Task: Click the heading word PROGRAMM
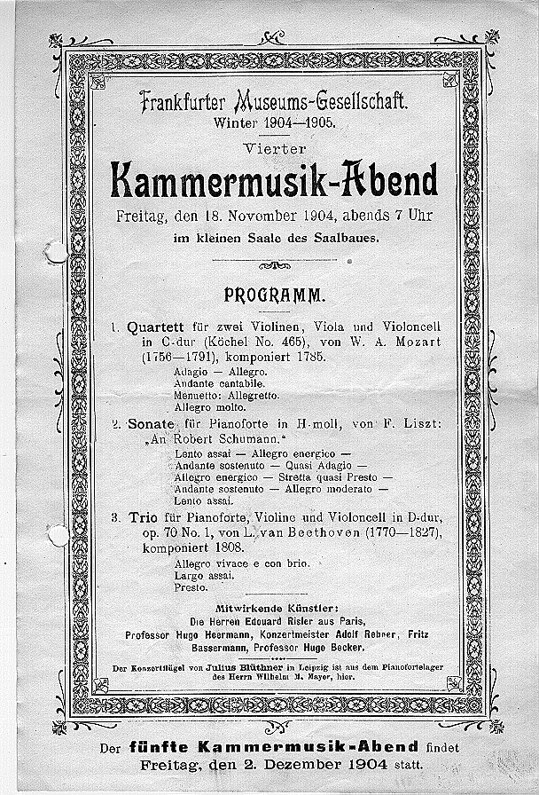(274, 292)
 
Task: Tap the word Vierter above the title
(274, 146)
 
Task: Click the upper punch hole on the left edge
(56, 252)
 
